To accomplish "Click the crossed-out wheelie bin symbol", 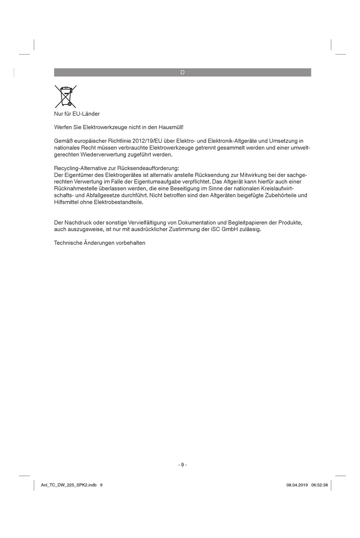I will [65, 96].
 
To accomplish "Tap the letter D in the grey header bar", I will [182, 72].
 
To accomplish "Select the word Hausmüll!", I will [171, 127].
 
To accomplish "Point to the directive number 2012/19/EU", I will [147, 141].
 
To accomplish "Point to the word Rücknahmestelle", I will [74, 189].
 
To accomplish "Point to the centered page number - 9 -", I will [182, 465].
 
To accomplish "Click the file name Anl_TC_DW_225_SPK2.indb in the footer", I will [69, 485].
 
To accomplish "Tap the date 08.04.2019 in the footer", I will [297, 485].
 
